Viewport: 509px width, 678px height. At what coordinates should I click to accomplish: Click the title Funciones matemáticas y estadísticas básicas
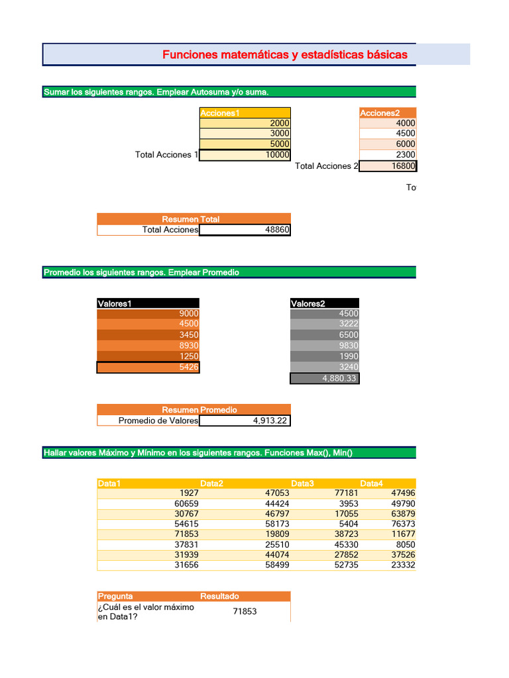click(x=285, y=55)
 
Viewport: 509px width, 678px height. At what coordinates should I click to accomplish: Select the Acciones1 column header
click(x=245, y=113)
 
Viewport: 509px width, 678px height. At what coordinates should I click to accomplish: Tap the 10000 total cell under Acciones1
click(x=245, y=155)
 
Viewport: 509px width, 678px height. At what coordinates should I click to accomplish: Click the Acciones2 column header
click(x=388, y=113)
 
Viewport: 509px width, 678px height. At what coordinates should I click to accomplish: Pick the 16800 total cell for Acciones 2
click(x=388, y=166)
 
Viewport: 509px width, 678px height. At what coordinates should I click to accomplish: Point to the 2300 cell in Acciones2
click(x=388, y=155)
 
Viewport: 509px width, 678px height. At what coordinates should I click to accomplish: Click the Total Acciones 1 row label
click(x=166, y=155)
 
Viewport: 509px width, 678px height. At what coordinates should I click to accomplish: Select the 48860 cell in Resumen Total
click(x=245, y=230)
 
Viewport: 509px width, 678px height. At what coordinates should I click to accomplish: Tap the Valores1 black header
click(x=148, y=304)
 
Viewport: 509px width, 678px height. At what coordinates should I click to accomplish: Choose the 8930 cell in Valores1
click(x=148, y=346)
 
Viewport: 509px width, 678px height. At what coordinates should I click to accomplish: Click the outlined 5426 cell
click(x=148, y=367)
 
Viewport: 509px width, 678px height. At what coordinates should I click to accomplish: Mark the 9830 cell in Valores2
click(x=325, y=346)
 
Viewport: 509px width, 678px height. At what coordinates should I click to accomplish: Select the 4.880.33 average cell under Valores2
click(x=325, y=378)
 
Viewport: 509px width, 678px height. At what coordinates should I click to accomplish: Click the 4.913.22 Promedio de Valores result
click(x=245, y=420)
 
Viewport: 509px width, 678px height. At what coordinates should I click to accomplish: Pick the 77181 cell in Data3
click(x=325, y=493)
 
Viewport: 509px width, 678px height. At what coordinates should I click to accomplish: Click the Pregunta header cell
click(x=148, y=597)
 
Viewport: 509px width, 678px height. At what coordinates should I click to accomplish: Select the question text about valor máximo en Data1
click(x=146, y=612)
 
